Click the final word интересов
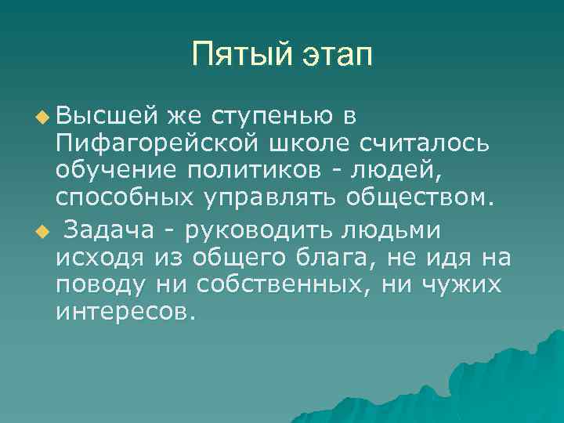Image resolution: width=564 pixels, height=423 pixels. [121, 314]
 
